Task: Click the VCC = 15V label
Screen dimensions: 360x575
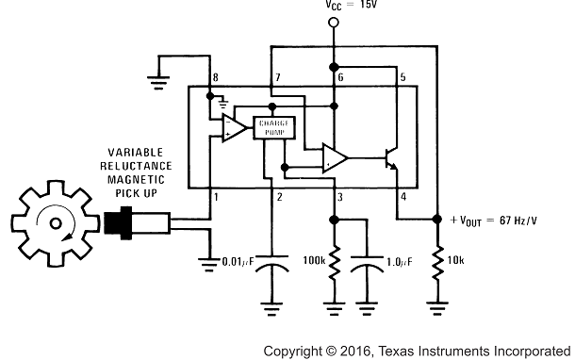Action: [333, 8]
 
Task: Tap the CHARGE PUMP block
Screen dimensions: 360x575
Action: [273, 128]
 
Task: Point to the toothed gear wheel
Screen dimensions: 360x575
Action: [57, 223]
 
